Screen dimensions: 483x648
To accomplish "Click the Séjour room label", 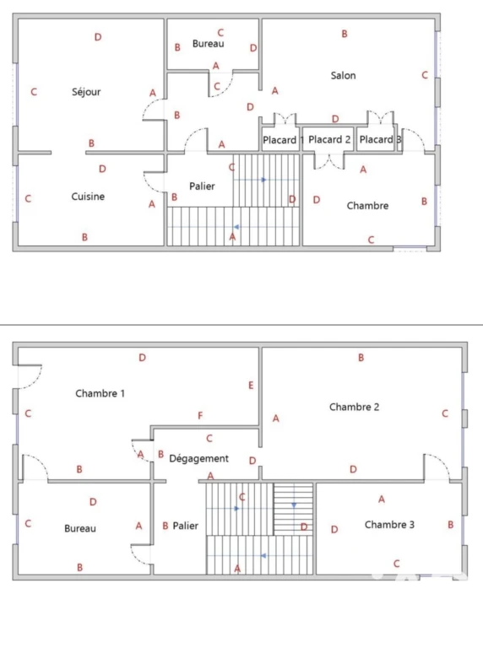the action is coord(86,92).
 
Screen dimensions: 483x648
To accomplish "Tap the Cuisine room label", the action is coord(88,197).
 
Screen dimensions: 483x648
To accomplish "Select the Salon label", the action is coord(343,75).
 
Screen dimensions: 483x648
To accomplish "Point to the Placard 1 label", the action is coord(283,140).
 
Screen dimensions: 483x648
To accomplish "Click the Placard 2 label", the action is coord(329,140).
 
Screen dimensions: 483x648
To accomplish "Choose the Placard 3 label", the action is coord(380,140).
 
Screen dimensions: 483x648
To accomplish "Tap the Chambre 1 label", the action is coord(100,393).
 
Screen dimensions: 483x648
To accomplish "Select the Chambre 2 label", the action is coord(354,407).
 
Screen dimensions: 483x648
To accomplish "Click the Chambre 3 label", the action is coord(389,525).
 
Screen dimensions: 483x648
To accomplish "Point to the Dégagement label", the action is coord(199,459).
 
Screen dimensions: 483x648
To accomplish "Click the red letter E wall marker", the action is coord(251,385).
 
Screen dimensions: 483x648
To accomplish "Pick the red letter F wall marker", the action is coord(200,415).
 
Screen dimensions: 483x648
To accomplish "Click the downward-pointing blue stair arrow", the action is coord(294,505).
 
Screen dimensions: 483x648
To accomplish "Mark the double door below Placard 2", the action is coord(329,162).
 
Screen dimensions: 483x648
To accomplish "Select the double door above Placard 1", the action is coord(285,118).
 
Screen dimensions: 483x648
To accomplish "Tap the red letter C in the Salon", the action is coord(425,75).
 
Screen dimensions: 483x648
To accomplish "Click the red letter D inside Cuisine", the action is coord(102,169).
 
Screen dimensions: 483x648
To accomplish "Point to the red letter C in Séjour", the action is coord(34,92).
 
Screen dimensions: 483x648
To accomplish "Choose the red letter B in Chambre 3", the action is coord(451,525).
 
